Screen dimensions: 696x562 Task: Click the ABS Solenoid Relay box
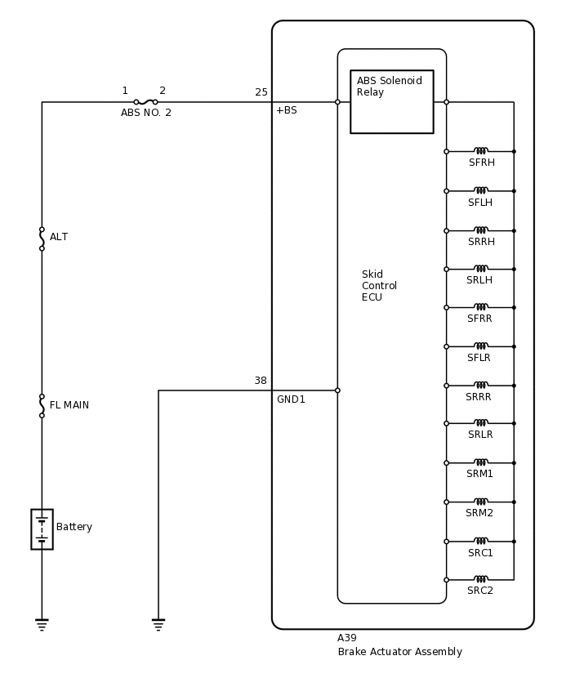tap(391, 101)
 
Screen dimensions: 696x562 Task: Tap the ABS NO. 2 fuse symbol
tap(145, 102)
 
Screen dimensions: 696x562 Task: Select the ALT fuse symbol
tap(42, 239)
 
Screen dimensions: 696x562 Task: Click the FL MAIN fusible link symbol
tap(42, 405)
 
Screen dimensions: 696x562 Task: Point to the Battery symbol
tap(42, 529)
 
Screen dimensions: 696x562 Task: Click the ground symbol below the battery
tap(42, 625)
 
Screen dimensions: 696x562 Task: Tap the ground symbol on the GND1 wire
tap(158, 625)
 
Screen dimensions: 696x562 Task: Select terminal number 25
tap(261, 92)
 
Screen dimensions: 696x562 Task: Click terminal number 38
tap(261, 381)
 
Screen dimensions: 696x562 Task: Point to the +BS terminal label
tap(286, 110)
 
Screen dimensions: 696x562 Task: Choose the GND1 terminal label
tap(291, 399)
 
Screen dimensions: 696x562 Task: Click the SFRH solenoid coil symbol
tap(481, 151)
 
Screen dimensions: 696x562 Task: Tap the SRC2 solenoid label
tap(480, 591)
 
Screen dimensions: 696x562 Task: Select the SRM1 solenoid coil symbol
tap(481, 462)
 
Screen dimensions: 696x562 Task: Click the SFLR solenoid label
tap(479, 358)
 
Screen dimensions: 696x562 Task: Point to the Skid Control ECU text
tap(379, 286)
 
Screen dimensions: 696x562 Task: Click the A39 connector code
tap(347, 638)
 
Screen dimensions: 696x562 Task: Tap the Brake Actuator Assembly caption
tap(399, 652)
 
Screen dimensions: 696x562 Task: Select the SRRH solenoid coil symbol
tap(481, 230)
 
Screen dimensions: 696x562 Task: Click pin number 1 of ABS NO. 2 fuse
tap(125, 91)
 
